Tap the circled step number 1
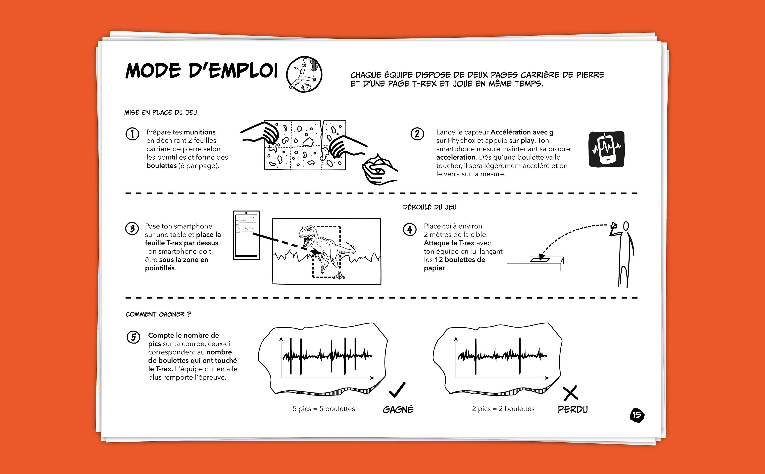[x=132, y=134]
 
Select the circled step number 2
[x=417, y=134]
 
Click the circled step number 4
[x=410, y=230]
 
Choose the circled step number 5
[x=133, y=337]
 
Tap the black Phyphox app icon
[x=606, y=149]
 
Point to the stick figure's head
[x=626, y=226]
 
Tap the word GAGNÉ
[x=398, y=409]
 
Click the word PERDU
[x=573, y=409]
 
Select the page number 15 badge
[x=637, y=415]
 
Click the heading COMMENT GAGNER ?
[x=158, y=314]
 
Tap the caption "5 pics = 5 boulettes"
[x=324, y=408]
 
